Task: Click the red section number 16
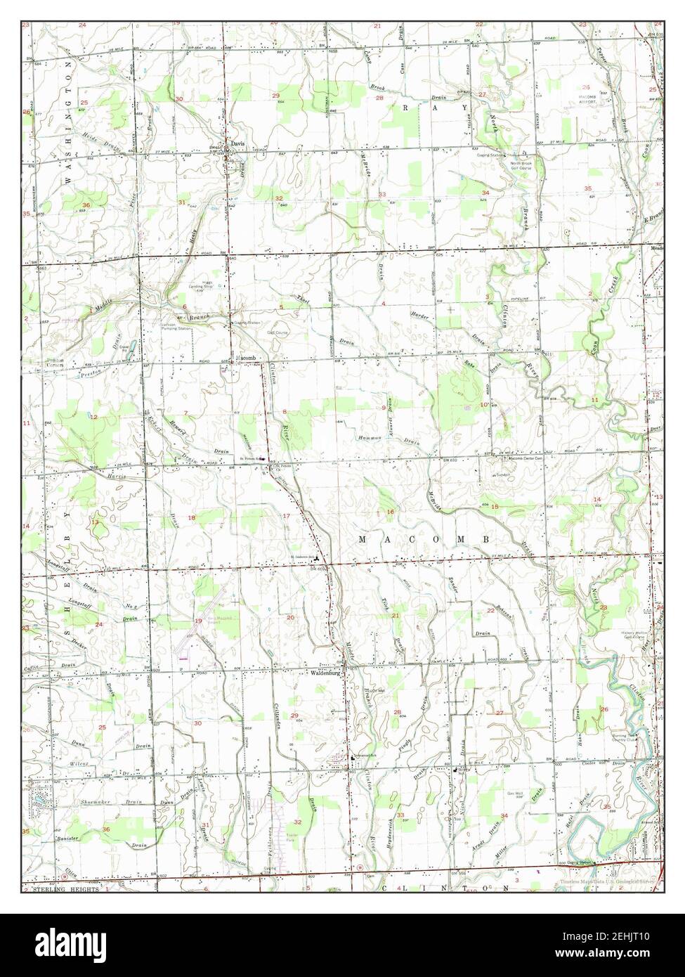point(391,512)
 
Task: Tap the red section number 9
point(384,408)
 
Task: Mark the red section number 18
point(190,518)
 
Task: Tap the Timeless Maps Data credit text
point(607,881)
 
